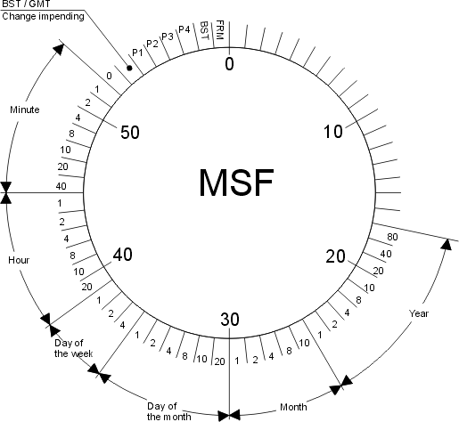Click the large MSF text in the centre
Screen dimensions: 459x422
[236, 183]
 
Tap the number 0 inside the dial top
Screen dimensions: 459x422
[229, 64]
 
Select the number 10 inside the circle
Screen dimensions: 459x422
[333, 132]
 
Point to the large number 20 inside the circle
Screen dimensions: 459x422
[335, 256]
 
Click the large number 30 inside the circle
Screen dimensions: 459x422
[230, 320]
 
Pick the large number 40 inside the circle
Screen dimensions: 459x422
[123, 255]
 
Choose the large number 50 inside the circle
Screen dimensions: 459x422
[130, 132]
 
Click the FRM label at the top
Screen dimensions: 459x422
[220, 29]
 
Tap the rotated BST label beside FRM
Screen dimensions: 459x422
[204, 30]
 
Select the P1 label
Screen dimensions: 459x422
[137, 53]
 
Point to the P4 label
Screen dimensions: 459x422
[184, 29]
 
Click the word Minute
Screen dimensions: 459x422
[25, 110]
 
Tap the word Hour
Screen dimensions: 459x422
[19, 260]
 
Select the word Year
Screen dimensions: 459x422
[419, 313]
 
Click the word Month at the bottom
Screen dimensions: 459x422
[293, 407]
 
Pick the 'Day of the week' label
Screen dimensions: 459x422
[73, 348]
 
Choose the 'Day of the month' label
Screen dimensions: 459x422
[169, 411]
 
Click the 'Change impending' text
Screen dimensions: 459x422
[43, 16]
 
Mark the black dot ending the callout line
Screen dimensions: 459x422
[129, 68]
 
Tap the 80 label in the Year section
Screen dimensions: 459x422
[392, 237]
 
